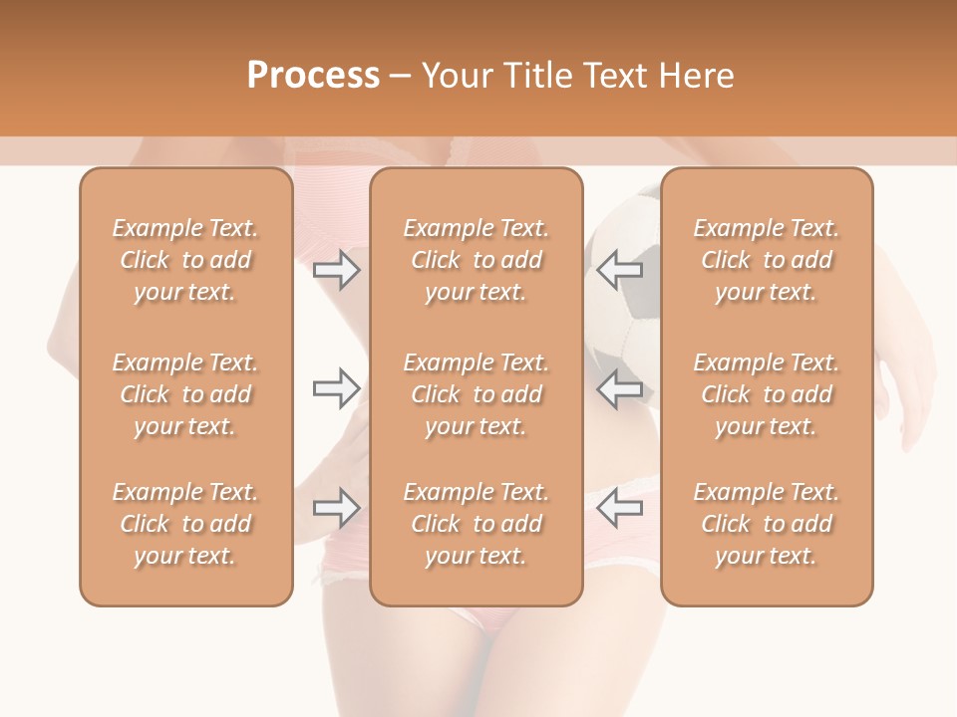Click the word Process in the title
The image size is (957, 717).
tap(313, 76)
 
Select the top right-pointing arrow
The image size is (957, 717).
tap(337, 269)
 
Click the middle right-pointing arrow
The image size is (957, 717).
tap(337, 388)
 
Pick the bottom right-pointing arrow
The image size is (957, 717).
tap(337, 508)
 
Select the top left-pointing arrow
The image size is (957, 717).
tap(619, 269)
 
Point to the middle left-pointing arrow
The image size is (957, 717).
tap(619, 388)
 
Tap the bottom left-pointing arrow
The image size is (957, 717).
tap(619, 508)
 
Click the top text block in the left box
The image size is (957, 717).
tap(185, 260)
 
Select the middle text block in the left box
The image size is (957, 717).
tap(185, 394)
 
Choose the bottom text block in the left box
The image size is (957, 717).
tap(185, 524)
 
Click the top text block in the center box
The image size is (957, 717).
tap(476, 260)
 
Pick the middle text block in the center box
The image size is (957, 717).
tap(476, 394)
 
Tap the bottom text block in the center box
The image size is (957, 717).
tap(476, 524)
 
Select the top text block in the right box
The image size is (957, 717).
tap(766, 260)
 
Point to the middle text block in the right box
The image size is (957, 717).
tap(766, 394)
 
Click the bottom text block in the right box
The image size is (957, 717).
tap(766, 524)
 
